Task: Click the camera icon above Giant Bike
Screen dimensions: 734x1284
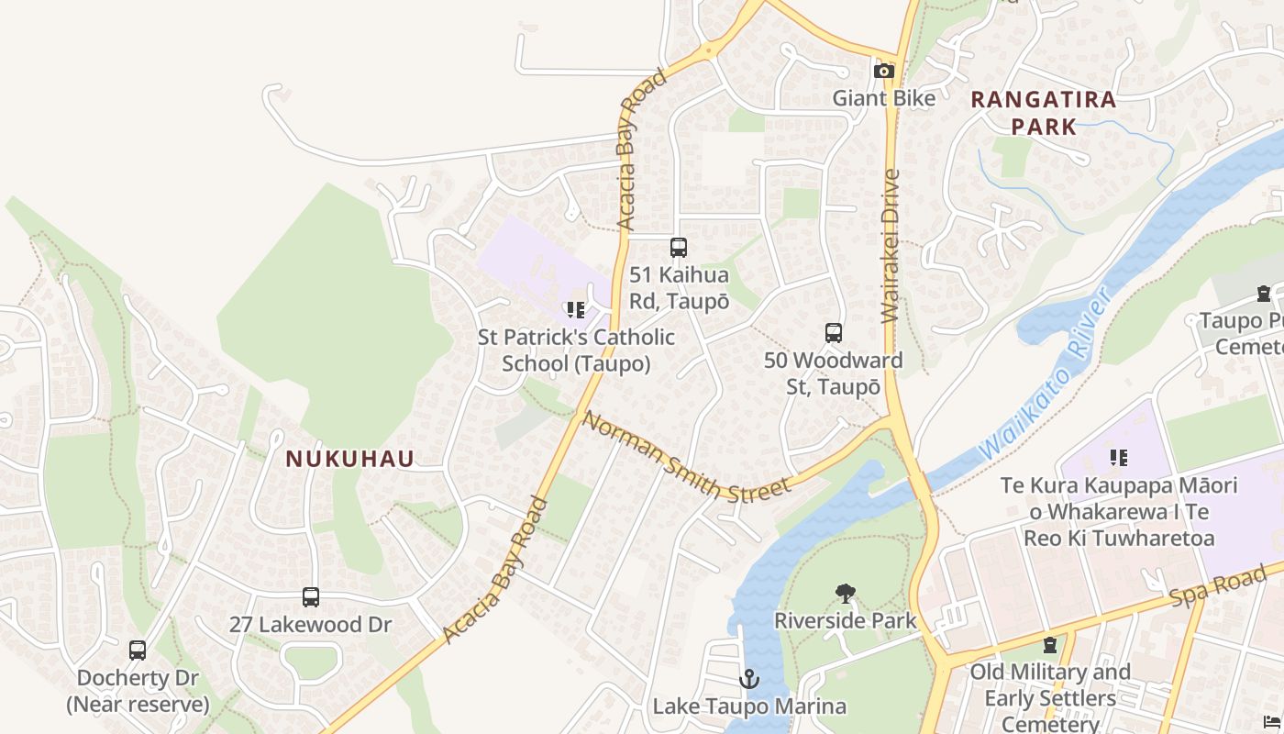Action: (x=884, y=71)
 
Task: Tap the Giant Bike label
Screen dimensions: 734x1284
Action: (x=884, y=98)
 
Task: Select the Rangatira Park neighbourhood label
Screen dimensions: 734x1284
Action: (x=1044, y=113)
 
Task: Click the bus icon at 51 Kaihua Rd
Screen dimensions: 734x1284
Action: (x=679, y=248)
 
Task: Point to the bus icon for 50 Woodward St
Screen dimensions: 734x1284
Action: (x=834, y=333)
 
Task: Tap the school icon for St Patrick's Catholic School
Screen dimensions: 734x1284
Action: (x=576, y=310)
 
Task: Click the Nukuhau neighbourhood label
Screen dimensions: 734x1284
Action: (x=350, y=459)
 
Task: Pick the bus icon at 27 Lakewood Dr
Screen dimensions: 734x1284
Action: (x=311, y=597)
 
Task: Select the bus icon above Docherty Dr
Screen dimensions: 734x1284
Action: (x=138, y=651)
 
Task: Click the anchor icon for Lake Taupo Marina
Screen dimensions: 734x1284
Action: (x=749, y=679)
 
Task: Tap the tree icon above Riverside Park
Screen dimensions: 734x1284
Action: (x=846, y=594)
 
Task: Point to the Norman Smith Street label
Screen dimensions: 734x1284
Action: (x=686, y=457)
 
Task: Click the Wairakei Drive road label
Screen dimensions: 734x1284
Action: (x=890, y=246)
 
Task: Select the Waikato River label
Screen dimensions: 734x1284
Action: (x=1047, y=374)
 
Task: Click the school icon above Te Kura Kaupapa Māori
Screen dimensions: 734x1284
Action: (x=1118, y=457)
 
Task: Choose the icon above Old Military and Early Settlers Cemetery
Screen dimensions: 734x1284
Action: (x=1050, y=645)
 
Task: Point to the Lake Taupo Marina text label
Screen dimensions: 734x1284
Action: (x=749, y=706)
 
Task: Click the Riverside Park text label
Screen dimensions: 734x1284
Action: (x=845, y=621)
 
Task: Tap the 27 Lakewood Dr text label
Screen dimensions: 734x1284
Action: (x=310, y=625)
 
